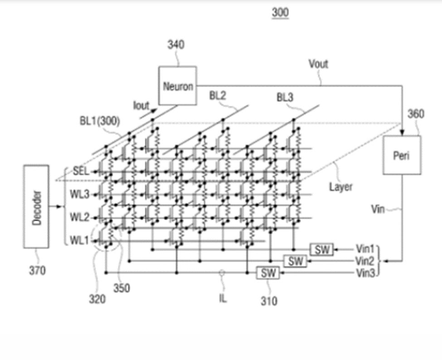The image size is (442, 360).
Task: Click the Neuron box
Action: pyautogui.click(x=177, y=86)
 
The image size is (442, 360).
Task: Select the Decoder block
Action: pyautogui.click(x=36, y=206)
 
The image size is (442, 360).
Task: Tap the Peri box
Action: pyautogui.click(x=402, y=155)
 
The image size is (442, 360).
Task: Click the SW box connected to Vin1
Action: pyautogui.click(x=321, y=249)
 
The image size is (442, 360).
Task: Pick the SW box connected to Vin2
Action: pyautogui.click(x=295, y=261)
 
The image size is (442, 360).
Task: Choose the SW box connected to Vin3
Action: pyautogui.click(x=268, y=272)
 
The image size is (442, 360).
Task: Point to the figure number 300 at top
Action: pyautogui.click(x=280, y=12)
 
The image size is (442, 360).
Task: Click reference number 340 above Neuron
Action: pyautogui.click(x=176, y=44)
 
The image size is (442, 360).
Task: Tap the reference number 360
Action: pyautogui.click(x=416, y=114)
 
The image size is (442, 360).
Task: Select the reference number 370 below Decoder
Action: pyautogui.click(x=37, y=271)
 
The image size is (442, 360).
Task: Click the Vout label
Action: pyautogui.click(x=318, y=64)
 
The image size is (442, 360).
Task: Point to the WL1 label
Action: pyautogui.click(x=79, y=240)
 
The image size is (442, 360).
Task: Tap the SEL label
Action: pyautogui.click(x=81, y=171)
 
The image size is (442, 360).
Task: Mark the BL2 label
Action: pyautogui.click(x=218, y=96)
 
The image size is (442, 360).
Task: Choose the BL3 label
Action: pyautogui.click(x=286, y=97)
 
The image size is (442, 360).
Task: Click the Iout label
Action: pyautogui.click(x=141, y=106)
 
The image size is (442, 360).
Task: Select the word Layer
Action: pyautogui.click(x=340, y=186)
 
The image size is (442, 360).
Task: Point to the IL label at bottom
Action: pyautogui.click(x=222, y=298)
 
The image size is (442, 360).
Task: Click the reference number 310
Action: pyautogui.click(x=269, y=301)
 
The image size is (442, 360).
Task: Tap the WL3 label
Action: pyautogui.click(x=79, y=195)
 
